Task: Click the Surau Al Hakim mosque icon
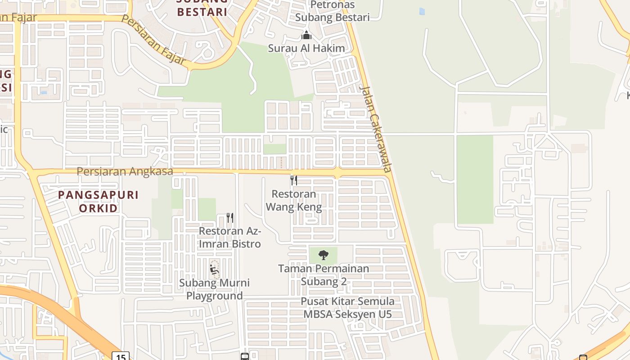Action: click(x=306, y=35)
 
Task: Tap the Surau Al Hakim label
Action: click(x=306, y=48)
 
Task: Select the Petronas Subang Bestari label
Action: click(x=332, y=11)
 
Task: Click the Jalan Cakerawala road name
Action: click(x=376, y=129)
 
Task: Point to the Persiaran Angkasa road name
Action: click(x=125, y=171)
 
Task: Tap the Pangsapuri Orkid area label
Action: click(x=99, y=201)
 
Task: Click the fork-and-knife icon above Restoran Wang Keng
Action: click(x=294, y=180)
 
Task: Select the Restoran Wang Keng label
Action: click(x=294, y=201)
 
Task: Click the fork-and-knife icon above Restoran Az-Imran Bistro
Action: click(x=230, y=218)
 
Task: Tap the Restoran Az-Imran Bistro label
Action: click(x=230, y=238)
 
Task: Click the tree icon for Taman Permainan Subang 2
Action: click(x=323, y=255)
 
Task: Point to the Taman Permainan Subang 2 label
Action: click(x=324, y=275)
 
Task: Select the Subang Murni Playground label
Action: click(x=214, y=289)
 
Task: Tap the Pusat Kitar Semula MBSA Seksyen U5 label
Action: click(x=347, y=308)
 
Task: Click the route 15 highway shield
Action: click(x=121, y=356)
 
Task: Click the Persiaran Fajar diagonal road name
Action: click(x=154, y=41)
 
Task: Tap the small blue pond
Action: click(x=422, y=12)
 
